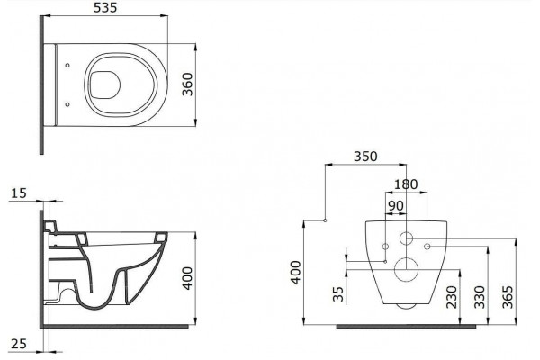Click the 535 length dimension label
[x=105, y=7]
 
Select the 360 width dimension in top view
[x=188, y=85]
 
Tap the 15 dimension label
[x=18, y=193]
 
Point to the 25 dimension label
[x=19, y=344]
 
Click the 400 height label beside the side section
[x=188, y=278]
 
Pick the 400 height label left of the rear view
[x=296, y=273]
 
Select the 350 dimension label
[x=365, y=157]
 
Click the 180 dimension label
[x=406, y=184]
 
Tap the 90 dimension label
[x=396, y=206]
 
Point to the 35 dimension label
[x=339, y=294]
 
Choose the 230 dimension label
[x=452, y=297]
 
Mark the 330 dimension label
[x=480, y=297]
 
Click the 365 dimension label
[x=508, y=297]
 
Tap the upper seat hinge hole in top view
[x=67, y=65]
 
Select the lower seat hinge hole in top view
[x=67, y=104]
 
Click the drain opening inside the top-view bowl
[x=105, y=85]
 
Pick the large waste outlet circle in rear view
[x=407, y=269]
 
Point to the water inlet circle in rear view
[x=407, y=238]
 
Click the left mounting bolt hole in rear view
[x=386, y=247]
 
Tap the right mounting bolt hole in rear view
[x=427, y=247]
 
